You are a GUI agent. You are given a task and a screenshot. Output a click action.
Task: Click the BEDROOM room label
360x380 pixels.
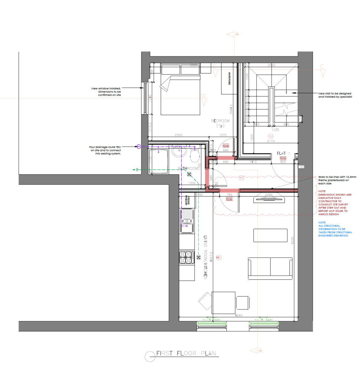click(x=220, y=121)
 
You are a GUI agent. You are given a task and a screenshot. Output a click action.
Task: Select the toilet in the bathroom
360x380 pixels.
click(x=194, y=156)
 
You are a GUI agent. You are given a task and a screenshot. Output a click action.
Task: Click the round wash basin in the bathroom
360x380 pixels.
click(x=178, y=152)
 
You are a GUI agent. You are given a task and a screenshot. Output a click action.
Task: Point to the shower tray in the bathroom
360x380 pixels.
click(x=158, y=161)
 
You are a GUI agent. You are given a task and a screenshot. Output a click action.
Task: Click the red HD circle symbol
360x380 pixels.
click(x=219, y=257)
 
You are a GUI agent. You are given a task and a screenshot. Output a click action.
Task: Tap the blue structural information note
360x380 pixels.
click(x=335, y=229)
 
